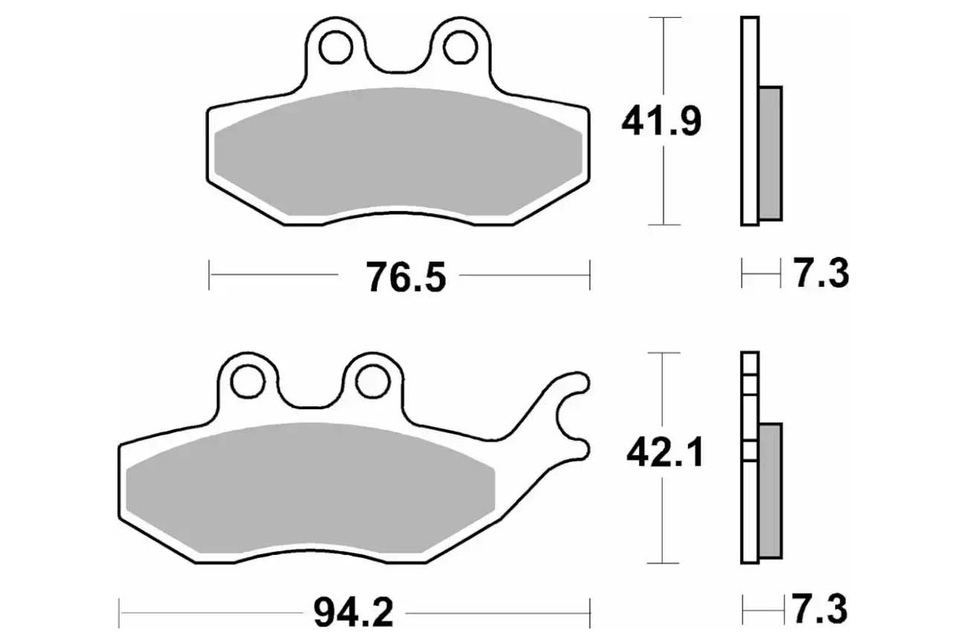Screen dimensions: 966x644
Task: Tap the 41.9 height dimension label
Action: pos(661,122)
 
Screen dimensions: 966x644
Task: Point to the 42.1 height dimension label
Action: pos(665,452)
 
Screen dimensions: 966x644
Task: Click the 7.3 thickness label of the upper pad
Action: pos(822,273)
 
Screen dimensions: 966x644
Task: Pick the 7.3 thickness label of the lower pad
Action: pos(820,609)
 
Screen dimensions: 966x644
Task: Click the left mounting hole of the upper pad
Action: pos(336,48)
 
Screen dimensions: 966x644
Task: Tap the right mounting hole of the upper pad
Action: pos(460,48)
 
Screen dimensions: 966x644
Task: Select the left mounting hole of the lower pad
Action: pos(247,382)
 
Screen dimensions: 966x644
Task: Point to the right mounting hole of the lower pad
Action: pos(372,382)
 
